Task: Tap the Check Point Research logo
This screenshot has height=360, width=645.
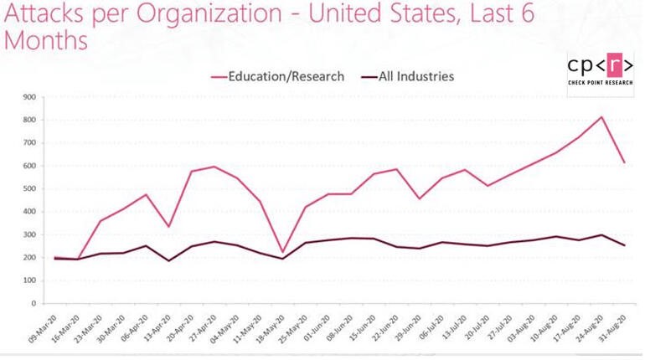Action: pyautogui.click(x=599, y=73)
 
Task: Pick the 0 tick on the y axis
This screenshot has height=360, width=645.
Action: pyautogui.click(x=34, y=303)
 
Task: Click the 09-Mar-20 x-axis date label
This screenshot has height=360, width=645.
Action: pyautogui.click(x=42, y=331)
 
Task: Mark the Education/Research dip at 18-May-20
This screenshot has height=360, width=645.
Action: pyautogui.click(x=283, y=252)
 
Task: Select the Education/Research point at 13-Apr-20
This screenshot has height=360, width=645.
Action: pyautogui.click(x=169, y=227)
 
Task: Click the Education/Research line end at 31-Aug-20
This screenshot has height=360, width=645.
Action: pyautogui.click(x=624, y=162)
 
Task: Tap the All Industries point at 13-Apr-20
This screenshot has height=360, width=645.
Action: pyautogui.click(x=169, y=260)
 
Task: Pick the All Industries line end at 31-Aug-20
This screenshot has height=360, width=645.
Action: pyautogui.click(x=624, y=245)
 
